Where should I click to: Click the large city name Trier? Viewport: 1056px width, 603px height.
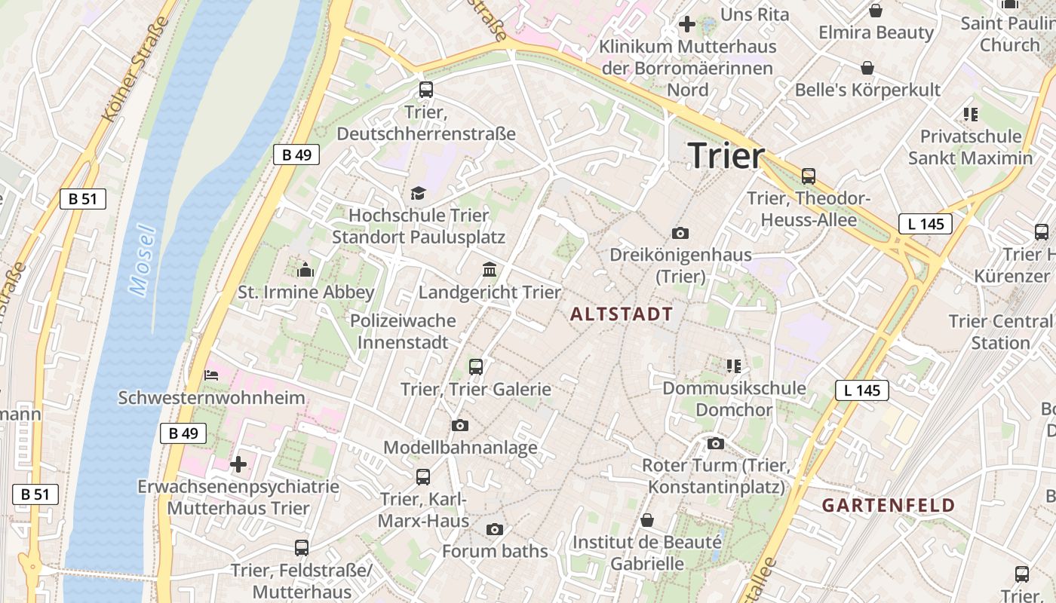[x=726, y=155]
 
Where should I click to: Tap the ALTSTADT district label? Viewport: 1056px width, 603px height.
[x=622, y=314]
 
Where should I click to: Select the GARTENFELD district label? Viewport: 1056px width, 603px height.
[x=889, y=505]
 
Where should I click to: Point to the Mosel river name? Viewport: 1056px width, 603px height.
[x=142, y=259]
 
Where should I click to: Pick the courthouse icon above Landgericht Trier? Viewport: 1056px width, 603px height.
[x=490, y=270]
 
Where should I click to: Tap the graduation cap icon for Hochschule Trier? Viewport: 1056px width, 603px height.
[x=419, y=194]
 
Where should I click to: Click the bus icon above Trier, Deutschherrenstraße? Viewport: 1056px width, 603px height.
[x=426, y=90]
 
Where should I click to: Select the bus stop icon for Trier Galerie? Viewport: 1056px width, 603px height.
[x=476, y=367]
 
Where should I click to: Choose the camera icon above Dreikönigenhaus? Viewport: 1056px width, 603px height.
[x=680, y=233]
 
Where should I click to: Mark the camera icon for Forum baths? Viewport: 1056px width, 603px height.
[x=495, y=529]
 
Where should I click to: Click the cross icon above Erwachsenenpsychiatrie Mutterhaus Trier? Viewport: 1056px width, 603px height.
[x=238, y=464]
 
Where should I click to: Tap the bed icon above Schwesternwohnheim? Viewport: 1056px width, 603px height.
[x=211, y=375]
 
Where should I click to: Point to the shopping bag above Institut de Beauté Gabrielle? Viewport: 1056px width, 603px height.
[x=647, y=520]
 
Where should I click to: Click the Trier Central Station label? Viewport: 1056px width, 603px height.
[x=1000, y=332]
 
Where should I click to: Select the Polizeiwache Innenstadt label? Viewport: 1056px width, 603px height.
[x=403, y=332]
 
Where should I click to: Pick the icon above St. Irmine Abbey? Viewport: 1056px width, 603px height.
[x=305, y=269]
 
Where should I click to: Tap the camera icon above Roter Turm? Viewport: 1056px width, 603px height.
[x=716, y=443]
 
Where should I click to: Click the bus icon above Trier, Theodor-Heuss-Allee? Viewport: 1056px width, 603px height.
[x=809, y=176]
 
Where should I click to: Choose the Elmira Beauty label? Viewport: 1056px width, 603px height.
[x=876, y=32]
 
